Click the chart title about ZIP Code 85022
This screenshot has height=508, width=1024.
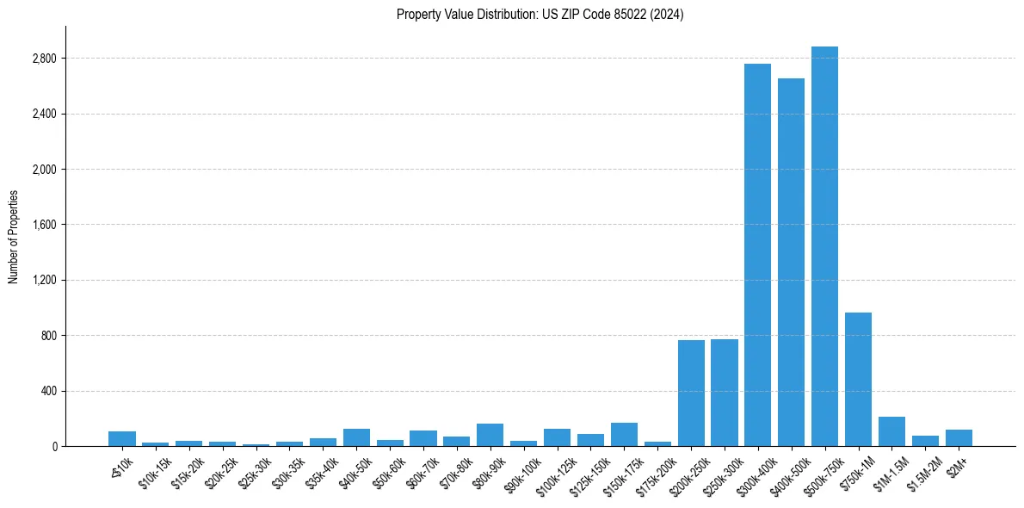coord(540,15)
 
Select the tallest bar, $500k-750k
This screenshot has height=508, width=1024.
coord(824,246)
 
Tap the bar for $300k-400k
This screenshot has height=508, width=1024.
coord(757,255)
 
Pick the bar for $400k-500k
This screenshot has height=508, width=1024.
coord(791,263)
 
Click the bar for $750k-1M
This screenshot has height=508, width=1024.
coord(858,379)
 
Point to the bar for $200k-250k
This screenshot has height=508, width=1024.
coord(691,393)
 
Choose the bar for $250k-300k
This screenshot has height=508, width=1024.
coord(725,393)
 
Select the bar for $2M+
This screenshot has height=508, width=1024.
coord(959,437)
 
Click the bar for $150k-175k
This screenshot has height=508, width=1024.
coord(624,434)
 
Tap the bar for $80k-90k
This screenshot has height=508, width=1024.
coord(490,435)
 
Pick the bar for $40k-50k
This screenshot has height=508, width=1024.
coord(356,437)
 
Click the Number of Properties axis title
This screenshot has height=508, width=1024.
coord(14,237)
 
